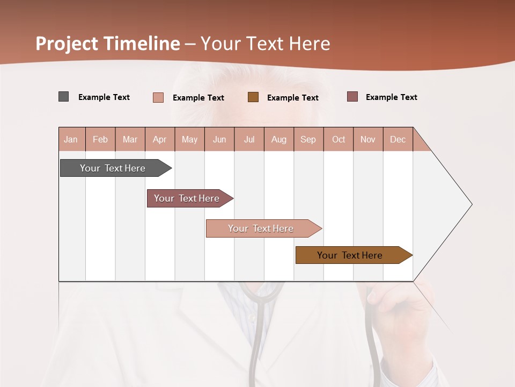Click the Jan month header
point(71,140)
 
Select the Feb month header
point(100,140)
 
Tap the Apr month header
point(159,140)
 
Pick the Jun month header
point(219,140)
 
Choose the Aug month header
point(278,140)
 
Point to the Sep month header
point(308,140)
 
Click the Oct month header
point(339,140)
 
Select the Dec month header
point(398,140)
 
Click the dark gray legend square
point(64,97)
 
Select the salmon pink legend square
point(158,97)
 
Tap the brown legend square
point(253,97)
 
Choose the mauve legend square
point(352,97)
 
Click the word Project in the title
point(67,44)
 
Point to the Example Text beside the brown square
point(292,98)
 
